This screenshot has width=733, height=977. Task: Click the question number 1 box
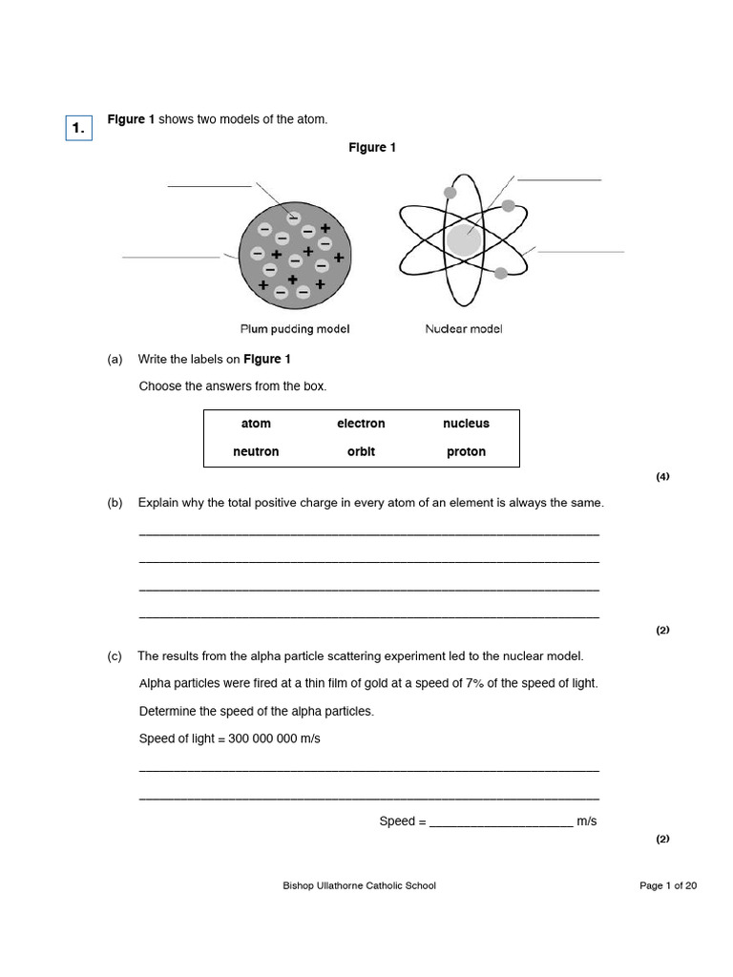point(78,128)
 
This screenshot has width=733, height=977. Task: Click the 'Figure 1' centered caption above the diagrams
point(372,148)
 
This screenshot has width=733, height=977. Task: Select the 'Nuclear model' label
point(463,329)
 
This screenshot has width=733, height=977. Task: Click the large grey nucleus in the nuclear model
point(464,239)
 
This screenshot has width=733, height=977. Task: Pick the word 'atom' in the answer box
point(256,424)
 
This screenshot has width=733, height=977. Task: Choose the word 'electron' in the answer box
point(361,424)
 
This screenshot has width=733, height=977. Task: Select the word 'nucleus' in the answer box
point(466,424)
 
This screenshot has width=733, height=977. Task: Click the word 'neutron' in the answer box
point(256,452)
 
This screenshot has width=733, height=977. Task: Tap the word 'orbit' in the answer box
point(361,452)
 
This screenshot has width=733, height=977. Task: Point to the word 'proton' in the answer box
point(466,452)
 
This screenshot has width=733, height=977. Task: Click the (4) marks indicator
point(662,477)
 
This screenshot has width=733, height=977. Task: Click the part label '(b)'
point(115,503)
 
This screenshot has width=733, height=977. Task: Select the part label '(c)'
point(115,656)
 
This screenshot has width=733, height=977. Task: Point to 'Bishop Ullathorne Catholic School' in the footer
point(359,886)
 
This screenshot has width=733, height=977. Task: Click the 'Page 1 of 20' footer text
point(667,886)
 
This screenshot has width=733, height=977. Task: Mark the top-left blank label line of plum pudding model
point(210,186)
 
